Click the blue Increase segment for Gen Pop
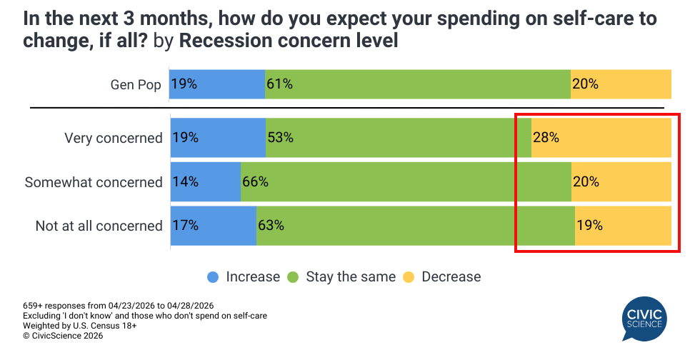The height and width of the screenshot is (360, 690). coord(217,84)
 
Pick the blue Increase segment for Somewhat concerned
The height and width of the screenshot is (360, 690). coord(206,181)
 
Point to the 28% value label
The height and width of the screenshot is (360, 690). coord(546,137)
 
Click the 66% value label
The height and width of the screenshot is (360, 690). coord(255,181)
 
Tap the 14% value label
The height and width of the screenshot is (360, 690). coord(185,181)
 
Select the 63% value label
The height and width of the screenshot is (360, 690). coord(271,226)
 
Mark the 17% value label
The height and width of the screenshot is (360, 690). coord(185,226)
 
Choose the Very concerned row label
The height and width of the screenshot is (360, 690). coord(114,138)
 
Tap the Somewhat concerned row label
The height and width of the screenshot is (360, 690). coord(94,182)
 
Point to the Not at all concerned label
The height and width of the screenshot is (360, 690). coord(99,226)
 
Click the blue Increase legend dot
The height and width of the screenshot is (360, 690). coord(213,276)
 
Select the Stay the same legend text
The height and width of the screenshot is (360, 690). coord(351,276)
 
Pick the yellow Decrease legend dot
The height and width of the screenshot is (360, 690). coord(409,276)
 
